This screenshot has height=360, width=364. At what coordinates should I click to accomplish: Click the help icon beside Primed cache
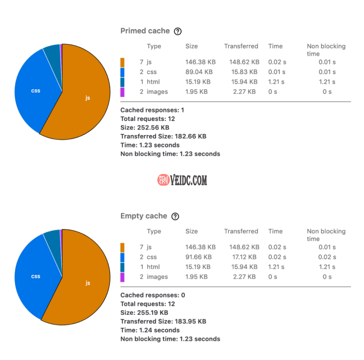178,31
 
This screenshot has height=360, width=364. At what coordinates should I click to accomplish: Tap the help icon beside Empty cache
175,217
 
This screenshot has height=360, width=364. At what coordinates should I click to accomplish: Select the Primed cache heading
145,31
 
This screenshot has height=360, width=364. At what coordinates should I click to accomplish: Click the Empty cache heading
143,216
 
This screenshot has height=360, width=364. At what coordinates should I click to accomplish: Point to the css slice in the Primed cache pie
35,91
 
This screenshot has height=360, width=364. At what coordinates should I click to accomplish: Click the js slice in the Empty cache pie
87,283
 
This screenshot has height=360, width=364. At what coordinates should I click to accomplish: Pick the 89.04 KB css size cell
199,72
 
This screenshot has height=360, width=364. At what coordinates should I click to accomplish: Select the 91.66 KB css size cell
198,257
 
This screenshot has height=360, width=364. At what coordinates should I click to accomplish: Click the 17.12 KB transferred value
245,257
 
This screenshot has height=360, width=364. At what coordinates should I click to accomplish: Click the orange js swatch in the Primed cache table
122,62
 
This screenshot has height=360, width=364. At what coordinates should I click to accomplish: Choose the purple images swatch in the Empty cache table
122,277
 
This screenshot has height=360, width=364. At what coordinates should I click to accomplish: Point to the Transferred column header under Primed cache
241,46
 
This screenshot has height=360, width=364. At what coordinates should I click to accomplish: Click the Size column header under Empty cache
191,232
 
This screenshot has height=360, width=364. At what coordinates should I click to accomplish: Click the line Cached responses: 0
153,295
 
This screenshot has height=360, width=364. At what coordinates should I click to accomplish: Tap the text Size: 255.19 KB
144,313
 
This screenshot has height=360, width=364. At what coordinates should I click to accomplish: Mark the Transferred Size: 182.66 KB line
163,137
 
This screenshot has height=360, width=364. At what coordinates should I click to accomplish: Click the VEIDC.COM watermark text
188,180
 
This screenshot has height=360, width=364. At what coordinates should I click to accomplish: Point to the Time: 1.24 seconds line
150,330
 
